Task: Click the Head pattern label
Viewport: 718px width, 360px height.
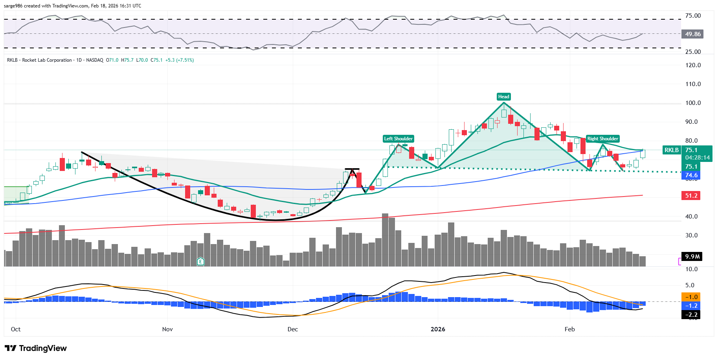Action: click(x=503, y=97)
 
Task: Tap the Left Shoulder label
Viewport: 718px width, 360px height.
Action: click(x=398, y=139)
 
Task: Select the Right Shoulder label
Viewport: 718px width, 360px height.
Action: click(x=602, y=139)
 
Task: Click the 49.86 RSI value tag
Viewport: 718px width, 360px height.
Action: click(x=692, y=34)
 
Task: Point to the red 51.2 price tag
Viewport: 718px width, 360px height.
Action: click(x=691, y=196)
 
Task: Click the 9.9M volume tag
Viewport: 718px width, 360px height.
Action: click(x=692, y=257)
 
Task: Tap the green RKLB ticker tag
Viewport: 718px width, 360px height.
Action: click(x=671, y=150)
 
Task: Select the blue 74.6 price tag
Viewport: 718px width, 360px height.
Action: click(x=691, y=175)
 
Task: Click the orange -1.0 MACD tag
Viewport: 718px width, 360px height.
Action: click(x=691, y=297)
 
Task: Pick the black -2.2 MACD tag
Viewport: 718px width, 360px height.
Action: click(x=691, y=315)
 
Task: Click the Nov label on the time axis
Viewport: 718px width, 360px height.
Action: click(x=167, y=329)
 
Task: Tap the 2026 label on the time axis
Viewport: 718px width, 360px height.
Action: click(x=438, y=329)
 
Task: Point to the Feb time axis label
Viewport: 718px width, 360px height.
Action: click(x=569, y=329)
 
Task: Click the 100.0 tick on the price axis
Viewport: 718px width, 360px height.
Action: click(x=693, y=103)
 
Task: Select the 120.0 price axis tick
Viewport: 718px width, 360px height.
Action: click(x=693, y=65)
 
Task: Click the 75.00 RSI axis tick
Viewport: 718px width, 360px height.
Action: click(x=693, y=16)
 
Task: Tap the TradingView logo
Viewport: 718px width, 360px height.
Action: click(x=36, y=348)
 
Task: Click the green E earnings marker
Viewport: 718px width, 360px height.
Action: click(x=200, y=261)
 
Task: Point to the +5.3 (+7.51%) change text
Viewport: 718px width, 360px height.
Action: click(x=180, y=60)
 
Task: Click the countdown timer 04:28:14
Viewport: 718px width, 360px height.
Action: click(x=698, y=158)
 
